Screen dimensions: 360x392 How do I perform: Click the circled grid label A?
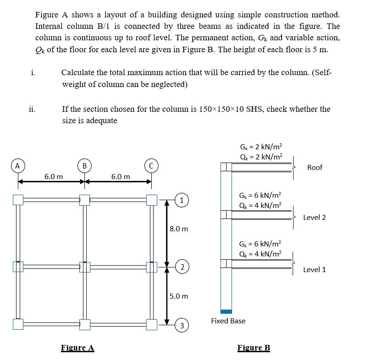point(18,165)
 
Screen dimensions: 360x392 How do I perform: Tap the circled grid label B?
point(84,165)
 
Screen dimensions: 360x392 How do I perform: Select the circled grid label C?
point(151,165)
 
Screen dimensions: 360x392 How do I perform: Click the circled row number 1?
point(182,200)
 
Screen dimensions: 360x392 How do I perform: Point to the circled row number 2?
point(182,267)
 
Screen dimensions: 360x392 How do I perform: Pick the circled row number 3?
point(182,326)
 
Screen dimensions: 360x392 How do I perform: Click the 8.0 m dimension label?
point(179,229)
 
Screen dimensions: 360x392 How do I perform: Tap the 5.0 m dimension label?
point(179,296)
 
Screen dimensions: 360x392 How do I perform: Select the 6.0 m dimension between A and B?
point(54,176)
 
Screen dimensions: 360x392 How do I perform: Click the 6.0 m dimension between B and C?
point(121,176)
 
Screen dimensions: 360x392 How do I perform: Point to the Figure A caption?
point(77,348)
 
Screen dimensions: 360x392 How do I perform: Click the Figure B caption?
point(254,348)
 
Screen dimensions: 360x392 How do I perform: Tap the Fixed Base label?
point(228,321)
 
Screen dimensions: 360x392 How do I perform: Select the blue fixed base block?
point(226,311)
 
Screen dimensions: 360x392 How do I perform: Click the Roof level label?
point(315,168)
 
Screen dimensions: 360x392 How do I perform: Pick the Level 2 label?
point(315,217)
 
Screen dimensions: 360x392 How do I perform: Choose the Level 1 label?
point(315,269)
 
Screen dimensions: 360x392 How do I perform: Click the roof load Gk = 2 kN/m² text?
point(261,147)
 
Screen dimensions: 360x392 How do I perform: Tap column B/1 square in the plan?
point(84,200)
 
